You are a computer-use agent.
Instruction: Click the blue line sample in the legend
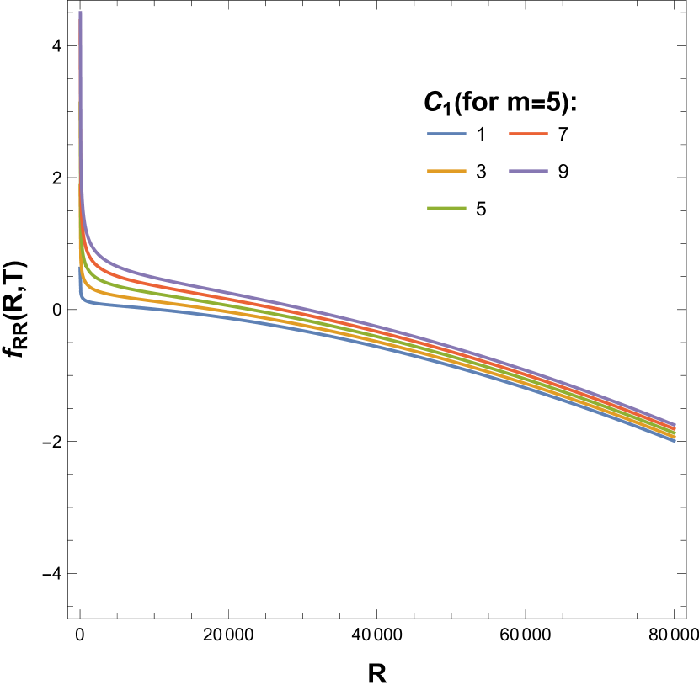446,134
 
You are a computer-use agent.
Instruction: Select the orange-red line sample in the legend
528,134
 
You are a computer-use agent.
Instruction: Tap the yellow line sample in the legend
446,171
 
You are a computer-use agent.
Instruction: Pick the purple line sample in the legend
528,171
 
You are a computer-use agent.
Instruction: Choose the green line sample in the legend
446,208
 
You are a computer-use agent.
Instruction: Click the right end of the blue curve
675,440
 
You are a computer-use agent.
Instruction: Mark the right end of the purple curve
675,424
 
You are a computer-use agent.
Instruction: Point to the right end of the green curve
675,433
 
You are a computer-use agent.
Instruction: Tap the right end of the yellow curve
675,437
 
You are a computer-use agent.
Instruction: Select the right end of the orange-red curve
675,428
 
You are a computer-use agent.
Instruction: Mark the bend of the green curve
89,275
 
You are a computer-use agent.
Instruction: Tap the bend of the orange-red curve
93,263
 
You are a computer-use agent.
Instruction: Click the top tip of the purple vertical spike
80,13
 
